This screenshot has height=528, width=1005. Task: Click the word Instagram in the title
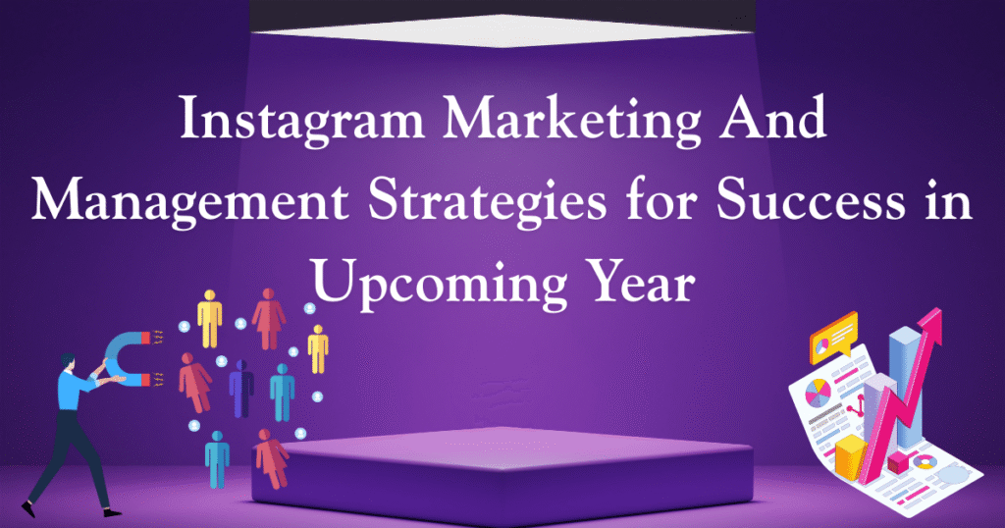click(x=301, y=120)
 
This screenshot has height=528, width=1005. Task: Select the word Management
click(x=189, y=202)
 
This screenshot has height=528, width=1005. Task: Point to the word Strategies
click(x=487, y=202)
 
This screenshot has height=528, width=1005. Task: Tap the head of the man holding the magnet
click(x=68, y=362)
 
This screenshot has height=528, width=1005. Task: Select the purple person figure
click(x=241, y=389)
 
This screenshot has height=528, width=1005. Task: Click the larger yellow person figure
click(x=210, y=318)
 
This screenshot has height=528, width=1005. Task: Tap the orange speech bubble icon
click(x=833, y=336)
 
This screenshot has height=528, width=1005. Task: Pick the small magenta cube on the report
click(x=897, y=461)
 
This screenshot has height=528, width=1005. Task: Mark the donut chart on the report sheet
click(x=925, y=461)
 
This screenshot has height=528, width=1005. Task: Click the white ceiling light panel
click(x=502, y=29)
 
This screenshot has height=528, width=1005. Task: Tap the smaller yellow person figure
click(x=318, y=349)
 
